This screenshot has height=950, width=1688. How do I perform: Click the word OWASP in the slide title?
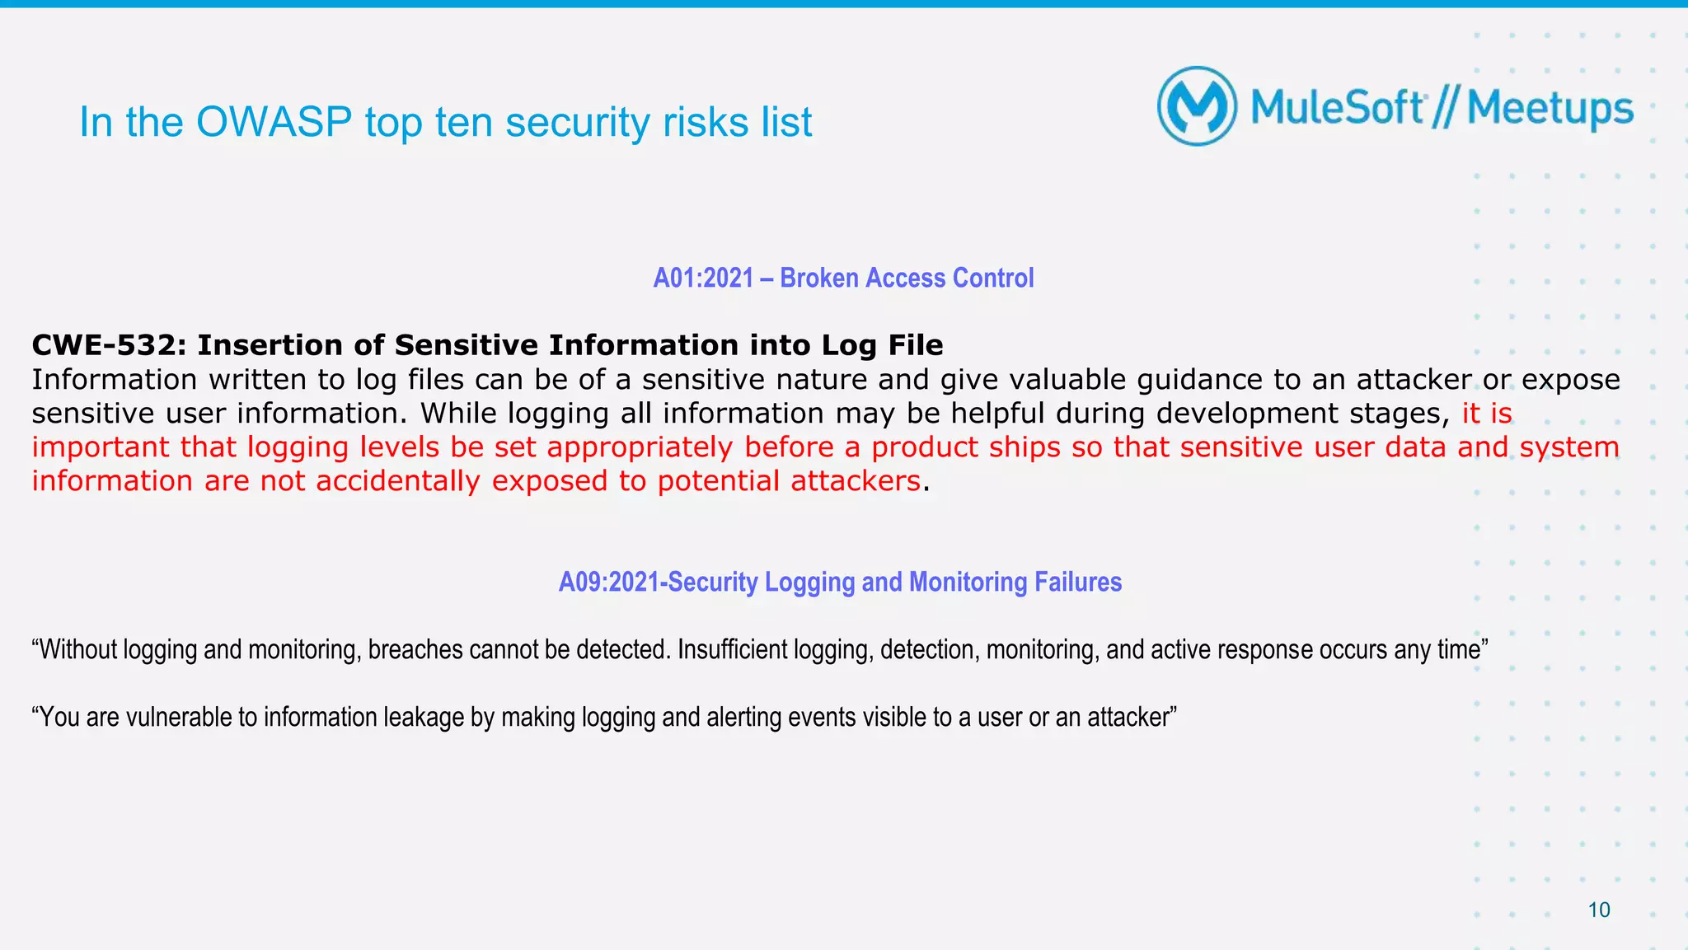(x=274, y=122)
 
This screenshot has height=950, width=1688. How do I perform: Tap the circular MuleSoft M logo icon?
(x=1197, y=106)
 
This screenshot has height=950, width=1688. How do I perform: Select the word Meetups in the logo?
(x=1550, y=110)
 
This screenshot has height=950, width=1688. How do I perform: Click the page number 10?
(x=1598, y=910)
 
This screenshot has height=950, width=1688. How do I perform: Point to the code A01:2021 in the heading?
(x=703, y=278)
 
